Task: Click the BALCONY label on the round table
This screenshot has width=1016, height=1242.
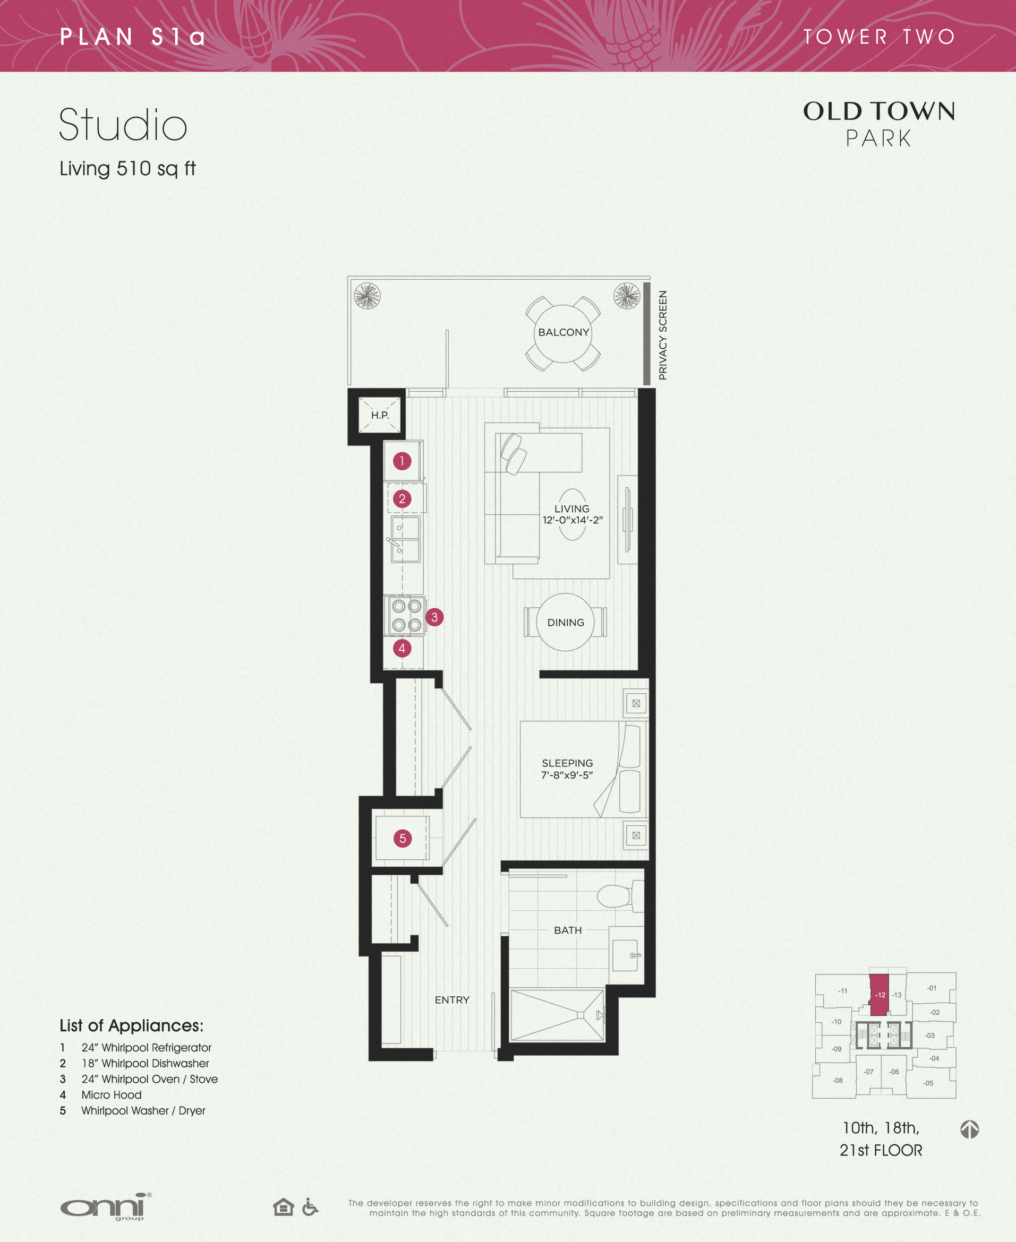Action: (563, 332)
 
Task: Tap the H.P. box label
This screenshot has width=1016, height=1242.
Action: (380, 415)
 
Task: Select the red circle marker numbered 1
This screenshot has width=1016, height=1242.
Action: (402, 461)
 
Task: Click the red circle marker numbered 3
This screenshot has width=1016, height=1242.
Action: (434, 617)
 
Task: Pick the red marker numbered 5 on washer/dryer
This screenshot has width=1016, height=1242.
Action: (402, 838)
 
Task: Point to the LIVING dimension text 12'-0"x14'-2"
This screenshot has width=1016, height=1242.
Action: (572, 520)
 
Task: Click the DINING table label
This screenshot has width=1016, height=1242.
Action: (565, 622)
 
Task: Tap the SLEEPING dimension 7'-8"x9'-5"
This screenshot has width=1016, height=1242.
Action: (567, 775)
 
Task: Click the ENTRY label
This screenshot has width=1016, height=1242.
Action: (452, 1000)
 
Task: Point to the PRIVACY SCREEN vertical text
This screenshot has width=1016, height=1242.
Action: (662, 335)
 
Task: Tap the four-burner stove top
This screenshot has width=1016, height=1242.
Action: (407, 615)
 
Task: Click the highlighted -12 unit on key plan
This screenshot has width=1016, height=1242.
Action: (879, 995)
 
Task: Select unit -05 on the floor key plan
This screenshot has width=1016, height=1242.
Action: (928, 1083)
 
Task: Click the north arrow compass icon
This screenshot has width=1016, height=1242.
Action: (969, 1129)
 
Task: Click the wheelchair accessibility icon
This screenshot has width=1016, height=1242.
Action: (310, 1206)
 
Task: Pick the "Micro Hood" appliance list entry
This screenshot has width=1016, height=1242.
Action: (111, 1094)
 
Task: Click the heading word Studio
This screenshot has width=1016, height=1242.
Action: (123, 125)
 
